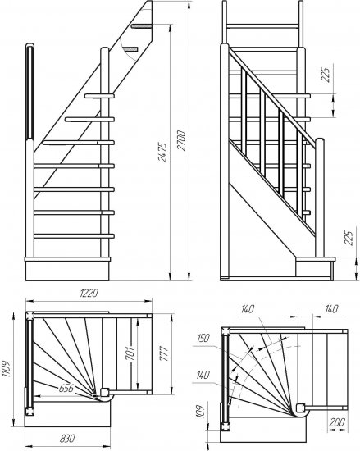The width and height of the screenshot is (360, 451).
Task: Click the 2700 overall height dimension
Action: pos(182,141)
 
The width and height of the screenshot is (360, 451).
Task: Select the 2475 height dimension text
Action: pos(162,153)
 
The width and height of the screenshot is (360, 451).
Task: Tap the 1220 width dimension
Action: pos(89,293)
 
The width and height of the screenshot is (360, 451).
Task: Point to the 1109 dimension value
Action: pos(6,370)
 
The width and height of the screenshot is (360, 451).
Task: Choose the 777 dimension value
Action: pos(163,353)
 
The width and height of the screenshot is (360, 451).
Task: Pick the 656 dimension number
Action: pos(66,388)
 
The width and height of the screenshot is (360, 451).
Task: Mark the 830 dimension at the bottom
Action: pos(67,438)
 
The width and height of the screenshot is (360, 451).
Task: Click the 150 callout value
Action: pos(203,338)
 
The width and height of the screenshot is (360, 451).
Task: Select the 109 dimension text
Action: pos(200,412)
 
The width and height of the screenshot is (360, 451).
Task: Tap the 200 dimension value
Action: pos(337,422)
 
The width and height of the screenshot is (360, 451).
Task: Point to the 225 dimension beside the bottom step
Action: pos(349,238)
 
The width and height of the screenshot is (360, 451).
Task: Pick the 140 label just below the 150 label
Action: pos(203,375)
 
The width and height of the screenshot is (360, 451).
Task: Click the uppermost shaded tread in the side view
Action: pos(141,26)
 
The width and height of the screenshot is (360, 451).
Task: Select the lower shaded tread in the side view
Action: pos(131,49)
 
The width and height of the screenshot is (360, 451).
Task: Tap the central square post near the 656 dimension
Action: pos(104,392)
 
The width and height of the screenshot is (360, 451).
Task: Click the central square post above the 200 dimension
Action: pos(301,408)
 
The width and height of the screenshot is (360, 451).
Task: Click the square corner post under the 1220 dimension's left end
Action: pos(30,316)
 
